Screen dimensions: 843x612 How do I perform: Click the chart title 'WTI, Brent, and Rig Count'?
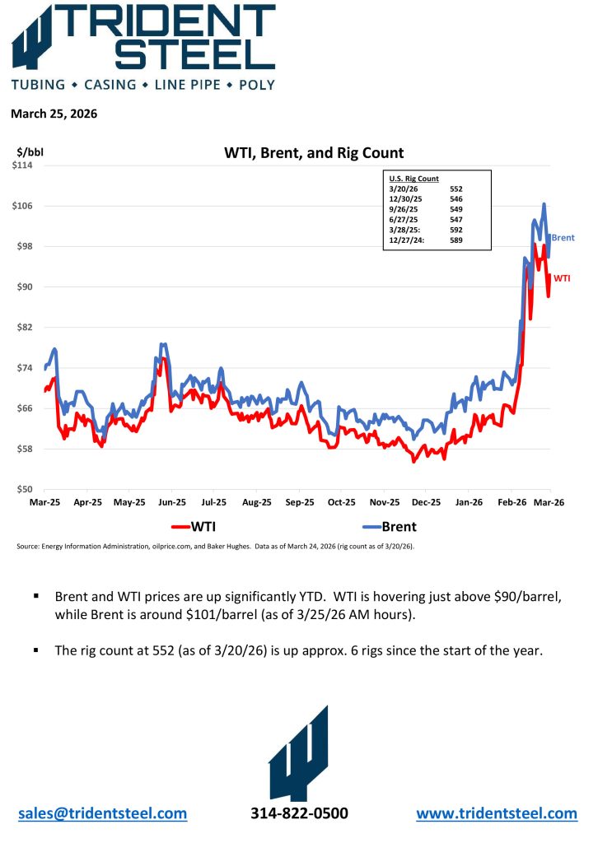pos(314,153)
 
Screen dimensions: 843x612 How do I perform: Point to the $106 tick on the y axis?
pos(27,206)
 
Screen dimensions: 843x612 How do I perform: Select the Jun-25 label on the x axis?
pos(171,501)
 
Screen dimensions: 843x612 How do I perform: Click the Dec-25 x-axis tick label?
pos(426,501)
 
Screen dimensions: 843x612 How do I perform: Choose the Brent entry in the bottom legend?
pos(399,527)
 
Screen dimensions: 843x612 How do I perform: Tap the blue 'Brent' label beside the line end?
pos(563,238)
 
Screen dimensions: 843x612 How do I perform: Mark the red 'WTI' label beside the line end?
pos(561,278)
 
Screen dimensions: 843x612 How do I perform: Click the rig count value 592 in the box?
pos(456,230)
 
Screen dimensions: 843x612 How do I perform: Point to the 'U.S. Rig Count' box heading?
pos(413,179)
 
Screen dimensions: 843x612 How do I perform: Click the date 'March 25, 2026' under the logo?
pos(54,114)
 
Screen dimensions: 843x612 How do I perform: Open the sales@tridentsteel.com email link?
pos(102,813)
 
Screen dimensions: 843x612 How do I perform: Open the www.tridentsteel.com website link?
pos(497,813)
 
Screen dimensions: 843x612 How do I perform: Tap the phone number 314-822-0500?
pos(299,813)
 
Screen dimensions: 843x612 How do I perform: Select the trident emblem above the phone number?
pos(298,753)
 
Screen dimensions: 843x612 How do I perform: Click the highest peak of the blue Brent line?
pos(544,204)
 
